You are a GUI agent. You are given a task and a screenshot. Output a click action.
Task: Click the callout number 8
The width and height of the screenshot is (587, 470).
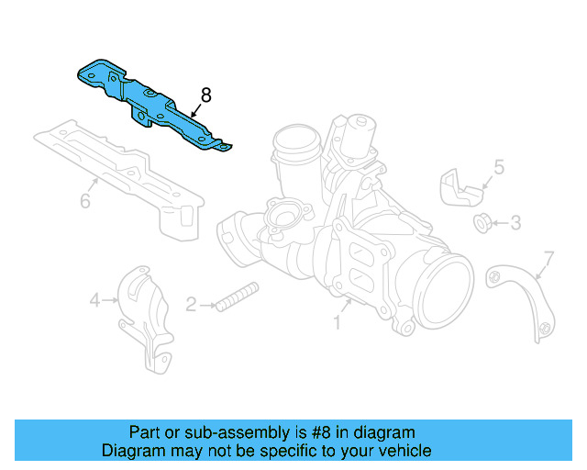click(x=205, y=95)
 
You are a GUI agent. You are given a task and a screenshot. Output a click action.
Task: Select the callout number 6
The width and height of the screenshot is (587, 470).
click(x=85, y=201)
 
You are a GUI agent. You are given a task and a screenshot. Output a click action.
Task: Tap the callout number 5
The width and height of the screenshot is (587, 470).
click(x=499, y=167)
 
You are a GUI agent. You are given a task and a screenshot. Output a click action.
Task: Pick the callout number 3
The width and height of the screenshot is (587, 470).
click(x=515, y=223)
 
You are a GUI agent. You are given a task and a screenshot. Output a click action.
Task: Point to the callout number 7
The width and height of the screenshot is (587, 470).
click(x=548, y=258)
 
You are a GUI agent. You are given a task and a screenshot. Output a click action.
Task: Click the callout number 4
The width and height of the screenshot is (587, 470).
click(x=95, y=300)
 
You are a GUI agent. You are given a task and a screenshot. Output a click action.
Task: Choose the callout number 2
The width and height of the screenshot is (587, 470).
click(x=191, y=305)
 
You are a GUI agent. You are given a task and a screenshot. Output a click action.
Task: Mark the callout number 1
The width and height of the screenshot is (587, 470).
click(x=337, y=322)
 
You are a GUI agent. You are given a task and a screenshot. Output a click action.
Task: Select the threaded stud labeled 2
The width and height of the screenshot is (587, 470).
click(x=238, y=297)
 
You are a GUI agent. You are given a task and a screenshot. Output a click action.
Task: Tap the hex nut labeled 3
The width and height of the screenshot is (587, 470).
click(x=482, y=223)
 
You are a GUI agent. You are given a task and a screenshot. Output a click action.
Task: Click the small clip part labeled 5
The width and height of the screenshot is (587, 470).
click(x=460, y=187)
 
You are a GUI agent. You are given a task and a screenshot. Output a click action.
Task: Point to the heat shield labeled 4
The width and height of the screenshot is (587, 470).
click(x=146, y=319)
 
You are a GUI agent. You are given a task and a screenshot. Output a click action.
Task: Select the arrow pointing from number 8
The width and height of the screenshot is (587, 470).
click(x=195, y=111)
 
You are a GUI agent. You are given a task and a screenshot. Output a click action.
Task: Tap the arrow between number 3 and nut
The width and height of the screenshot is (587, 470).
click(x=500, y=223)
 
